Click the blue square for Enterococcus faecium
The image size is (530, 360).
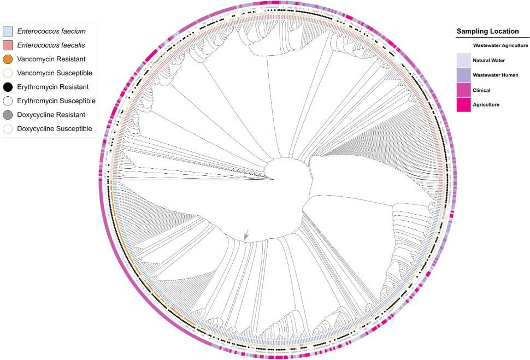[8, 31]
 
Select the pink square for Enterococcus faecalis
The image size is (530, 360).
[8, 45]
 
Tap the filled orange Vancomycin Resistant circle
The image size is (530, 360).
[8, 59]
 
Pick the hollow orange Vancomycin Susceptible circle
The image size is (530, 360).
[8, 73]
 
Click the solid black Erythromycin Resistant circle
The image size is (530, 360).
[8, 87]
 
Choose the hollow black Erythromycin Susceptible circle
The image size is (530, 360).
[8, 101]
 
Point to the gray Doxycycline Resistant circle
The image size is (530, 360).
[8, 115]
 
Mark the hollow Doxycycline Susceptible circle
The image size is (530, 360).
[8, 129]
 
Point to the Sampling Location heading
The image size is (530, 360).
[487, 32]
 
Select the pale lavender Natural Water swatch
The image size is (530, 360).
[463, 60]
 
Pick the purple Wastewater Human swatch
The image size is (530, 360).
[463, 75]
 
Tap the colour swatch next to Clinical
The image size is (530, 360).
[463, 90]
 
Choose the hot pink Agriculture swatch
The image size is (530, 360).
[463, 104]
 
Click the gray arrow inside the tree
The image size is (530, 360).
[246, 234]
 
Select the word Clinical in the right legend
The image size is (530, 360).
[482, 90]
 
